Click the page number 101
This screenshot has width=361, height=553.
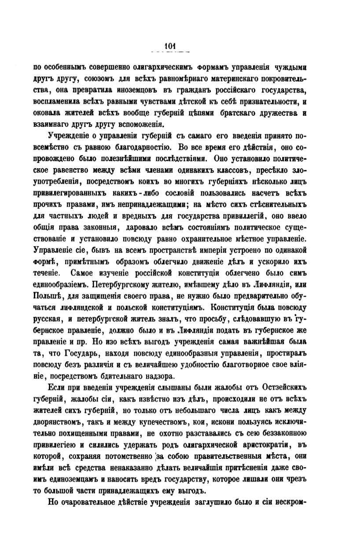(x=170, y=44)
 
